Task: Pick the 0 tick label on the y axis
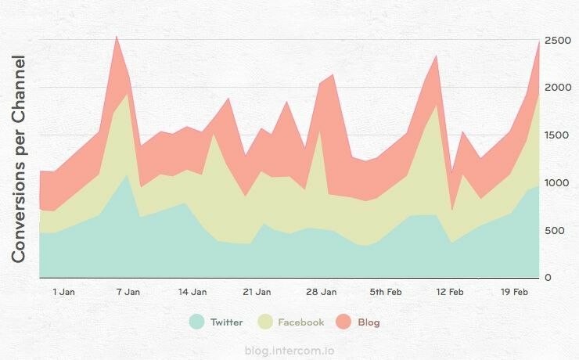pos(548,278)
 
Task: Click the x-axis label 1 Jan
pos(63,292)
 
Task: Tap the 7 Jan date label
pos(128,292)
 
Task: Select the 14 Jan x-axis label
pos(192,292)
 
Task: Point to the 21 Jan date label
pos(257,292)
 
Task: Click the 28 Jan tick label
pos(322,292)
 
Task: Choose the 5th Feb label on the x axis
pos(386,292)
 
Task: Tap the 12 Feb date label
pos(450,292)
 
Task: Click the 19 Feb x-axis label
pos(514,292)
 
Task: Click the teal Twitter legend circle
pos(196,322)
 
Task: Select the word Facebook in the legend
pos(300,322)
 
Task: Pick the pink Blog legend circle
pos(343,322)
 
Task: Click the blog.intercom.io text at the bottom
pos(289,351)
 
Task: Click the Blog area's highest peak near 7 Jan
pos(117,37)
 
